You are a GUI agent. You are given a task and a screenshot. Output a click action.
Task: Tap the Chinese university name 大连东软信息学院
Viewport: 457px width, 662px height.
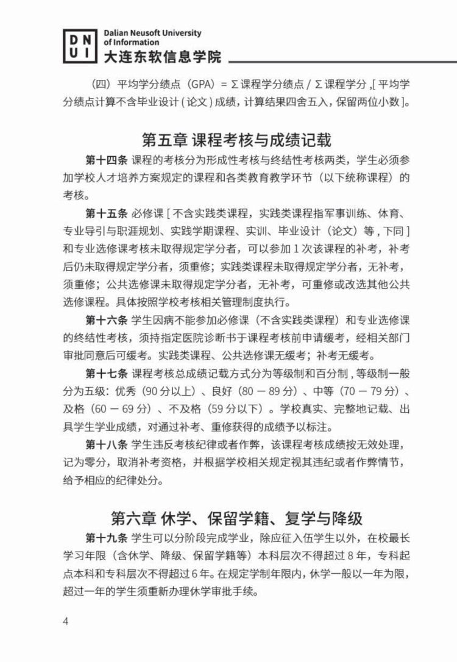162,58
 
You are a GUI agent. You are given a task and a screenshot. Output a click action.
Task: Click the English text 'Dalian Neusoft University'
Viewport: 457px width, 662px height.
152,33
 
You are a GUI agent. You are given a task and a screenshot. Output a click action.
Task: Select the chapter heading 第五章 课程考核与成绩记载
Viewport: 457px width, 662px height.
237,140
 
